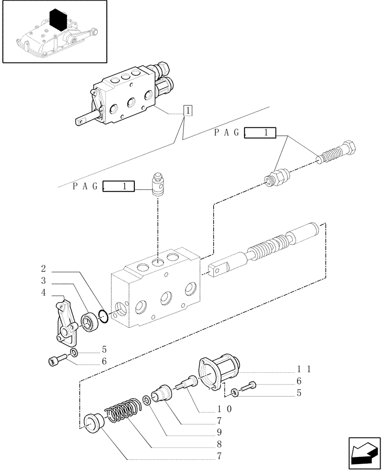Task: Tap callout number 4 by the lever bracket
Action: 43,293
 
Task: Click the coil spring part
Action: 123,409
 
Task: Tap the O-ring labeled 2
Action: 104,315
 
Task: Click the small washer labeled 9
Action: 148,401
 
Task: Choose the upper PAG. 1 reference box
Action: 261,133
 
